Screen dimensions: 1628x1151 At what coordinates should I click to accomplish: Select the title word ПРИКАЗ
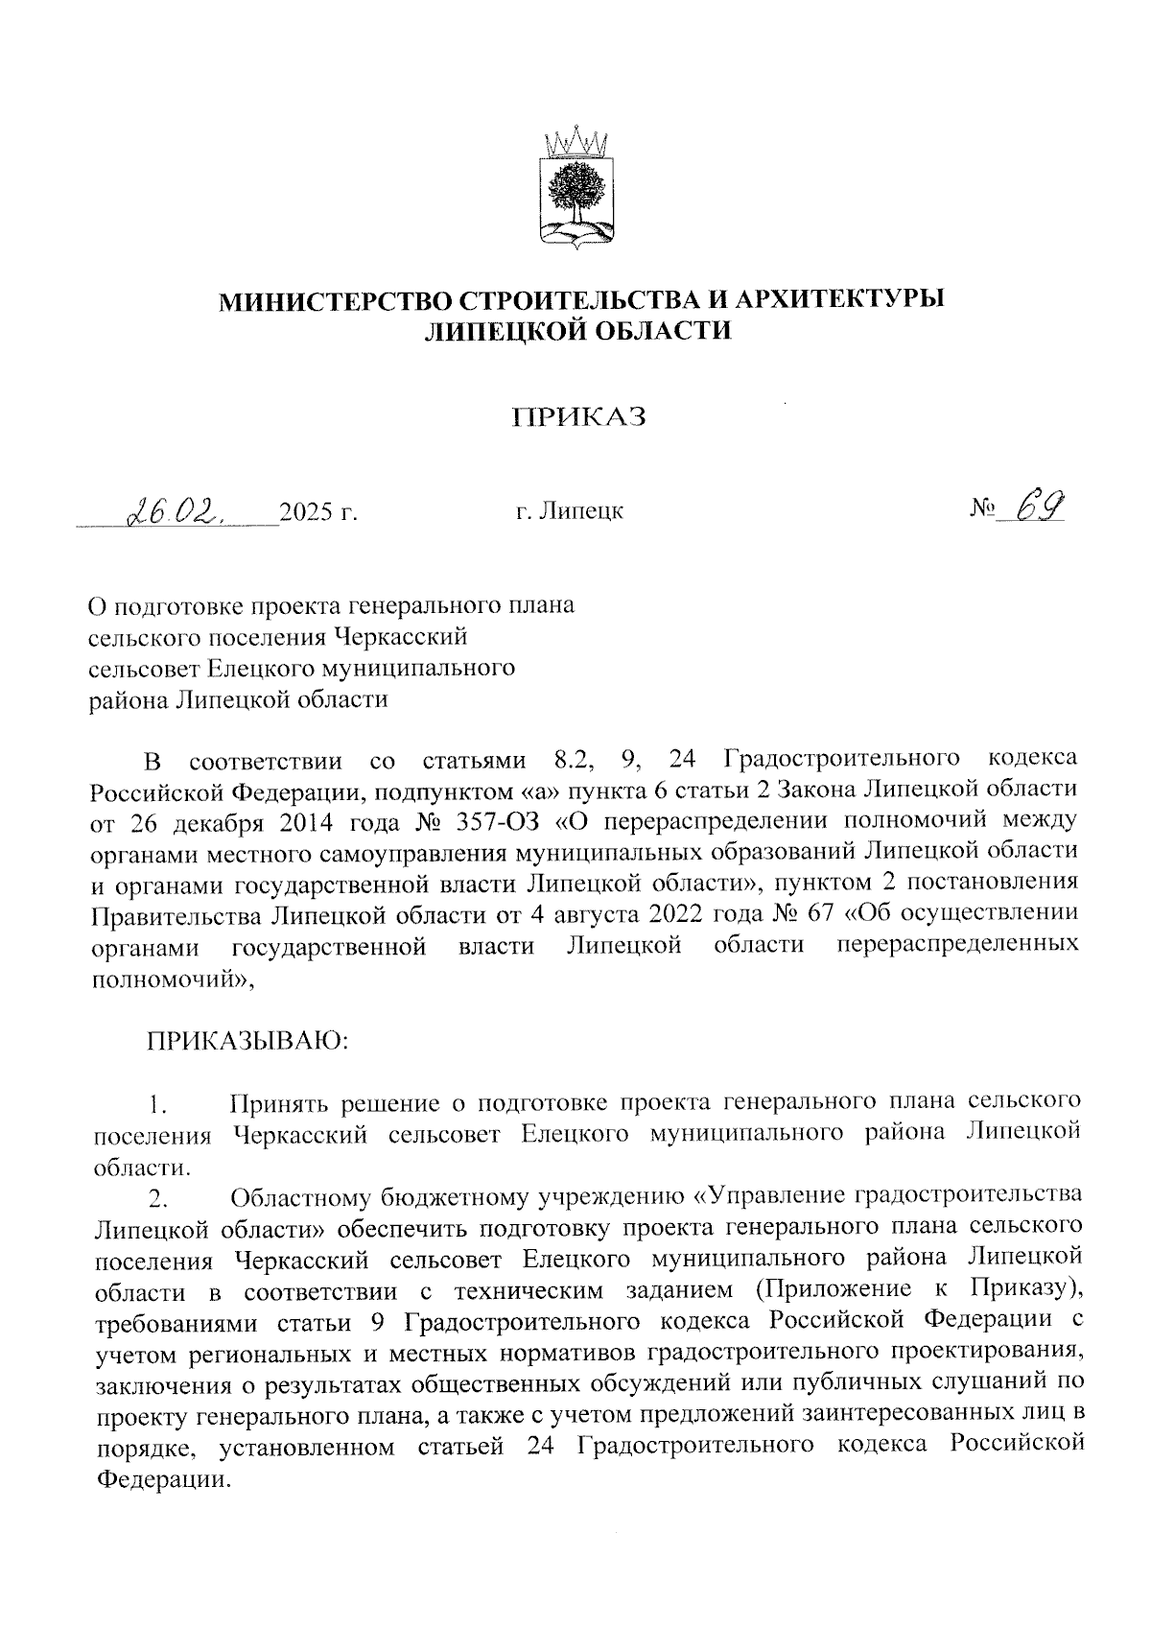coord(577,417)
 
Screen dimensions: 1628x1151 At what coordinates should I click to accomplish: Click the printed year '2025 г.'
coord(317,511)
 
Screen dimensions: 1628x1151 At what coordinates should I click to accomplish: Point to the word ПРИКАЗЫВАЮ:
coord(247,1040)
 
